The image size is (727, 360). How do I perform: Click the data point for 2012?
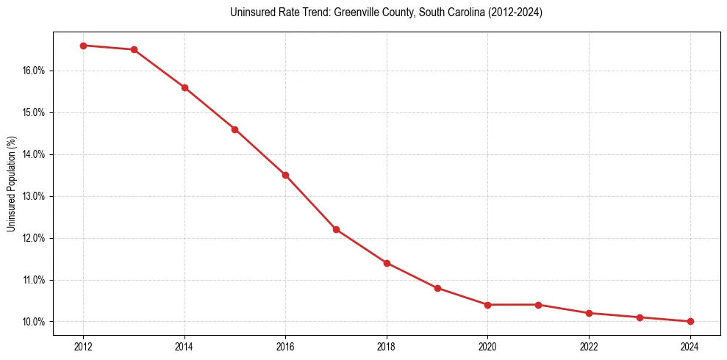(x=83, y=46)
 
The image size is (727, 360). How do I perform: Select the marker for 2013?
(x=134, y=50)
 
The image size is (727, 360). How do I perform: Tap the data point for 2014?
(x=185, y=87)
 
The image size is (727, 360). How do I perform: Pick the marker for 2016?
(x=285, y=175)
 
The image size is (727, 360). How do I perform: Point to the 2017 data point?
(x=336, y=229)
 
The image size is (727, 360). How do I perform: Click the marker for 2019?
(x=437, y=288)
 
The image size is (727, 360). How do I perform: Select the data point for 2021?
(x=539, y=305)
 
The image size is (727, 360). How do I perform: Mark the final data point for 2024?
(x=690, y=321)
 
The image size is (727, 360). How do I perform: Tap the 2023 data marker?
(x=640, y=317)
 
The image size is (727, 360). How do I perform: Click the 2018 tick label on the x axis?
(x=387, y=346)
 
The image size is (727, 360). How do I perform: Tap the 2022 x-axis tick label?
(x=589, y=346)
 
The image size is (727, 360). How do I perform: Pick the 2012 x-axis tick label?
(x=83, y=346)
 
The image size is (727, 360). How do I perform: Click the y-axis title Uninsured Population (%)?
(x=12, y=184)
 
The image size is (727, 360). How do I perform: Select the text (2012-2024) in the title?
(x=515, y=13)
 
